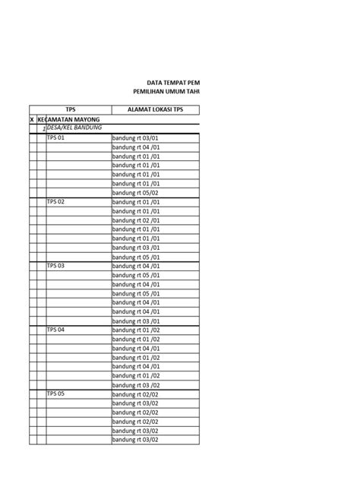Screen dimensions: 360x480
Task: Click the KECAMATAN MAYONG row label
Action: coord(73,120)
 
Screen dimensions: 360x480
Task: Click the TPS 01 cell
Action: coord(57,138)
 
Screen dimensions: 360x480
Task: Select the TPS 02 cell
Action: coord(57,202)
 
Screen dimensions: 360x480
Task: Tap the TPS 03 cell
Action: coord(57,266)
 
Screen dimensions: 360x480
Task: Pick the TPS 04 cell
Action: coord(57,330)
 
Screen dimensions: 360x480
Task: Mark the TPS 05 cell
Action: coord(57,394)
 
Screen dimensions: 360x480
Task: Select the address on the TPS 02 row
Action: coord(137,202)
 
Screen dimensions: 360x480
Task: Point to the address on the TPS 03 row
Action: coord(137,266)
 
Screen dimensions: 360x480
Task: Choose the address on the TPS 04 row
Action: coord(137,330)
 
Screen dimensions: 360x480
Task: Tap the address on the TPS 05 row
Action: coord(136,394)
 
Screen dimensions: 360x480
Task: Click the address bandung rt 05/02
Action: coord(136,193)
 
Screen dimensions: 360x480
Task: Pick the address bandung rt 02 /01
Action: coord(137,220)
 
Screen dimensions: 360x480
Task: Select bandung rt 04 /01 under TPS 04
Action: coord(137,367)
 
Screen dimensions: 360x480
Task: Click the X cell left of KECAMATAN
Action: coord(32,120)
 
